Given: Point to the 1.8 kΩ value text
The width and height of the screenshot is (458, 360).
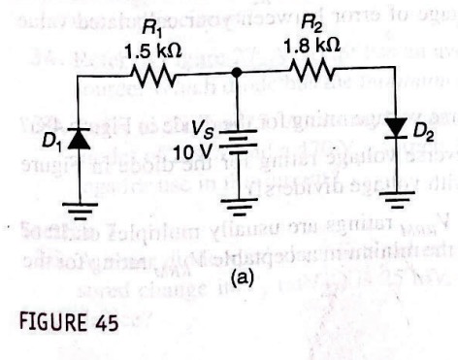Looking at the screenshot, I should click(313, 45).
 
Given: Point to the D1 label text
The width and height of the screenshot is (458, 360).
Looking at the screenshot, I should click(47, 143).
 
